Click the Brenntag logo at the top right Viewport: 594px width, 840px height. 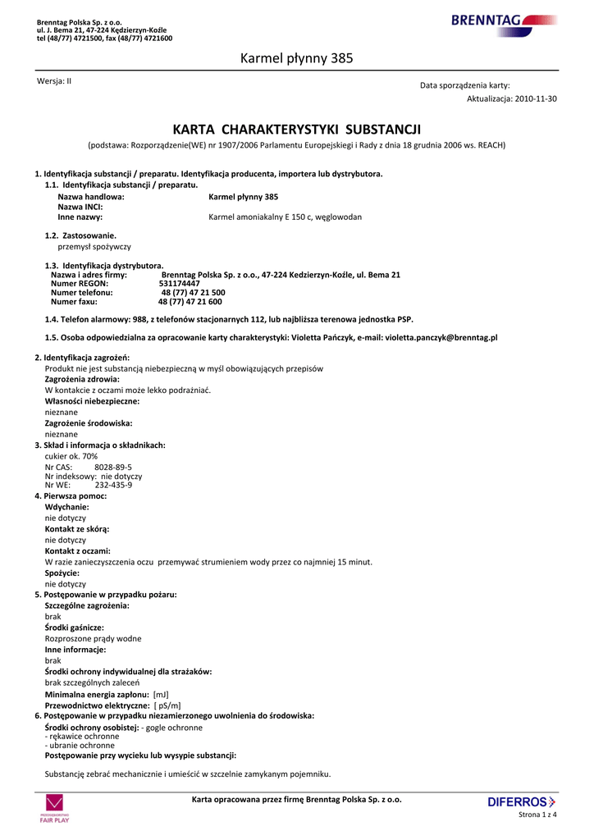click(x=503, y=21)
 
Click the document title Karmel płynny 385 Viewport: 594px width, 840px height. click(x=296, y=58)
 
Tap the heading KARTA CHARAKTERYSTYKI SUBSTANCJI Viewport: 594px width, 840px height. click(x=296, y=130)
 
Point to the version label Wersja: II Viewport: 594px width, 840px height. click(x=54, y=80)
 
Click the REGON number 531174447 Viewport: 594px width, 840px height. click(x=180, y=283)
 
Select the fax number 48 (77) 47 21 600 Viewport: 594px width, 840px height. click(x=190, y=301)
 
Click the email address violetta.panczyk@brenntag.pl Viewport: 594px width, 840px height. click(x=441, y=337)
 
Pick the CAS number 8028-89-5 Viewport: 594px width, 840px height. click(x=113, y=467)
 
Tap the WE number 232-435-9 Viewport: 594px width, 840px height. click(x=113, y=485)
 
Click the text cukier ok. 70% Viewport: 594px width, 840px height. click(x=71, y=456)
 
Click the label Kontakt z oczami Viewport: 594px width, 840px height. click(x=77, y=551)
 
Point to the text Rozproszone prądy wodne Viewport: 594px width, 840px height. click(x=93, y=638)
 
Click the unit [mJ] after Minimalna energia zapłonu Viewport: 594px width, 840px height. click(x=161, y=694)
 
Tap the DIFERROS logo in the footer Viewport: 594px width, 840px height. click(x=521, y=801)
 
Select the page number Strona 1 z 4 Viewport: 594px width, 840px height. click(x=538, y=815)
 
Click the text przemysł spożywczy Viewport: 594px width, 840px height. click(x=94, y=246)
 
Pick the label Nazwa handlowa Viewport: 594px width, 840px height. click(x=91, y=197)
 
